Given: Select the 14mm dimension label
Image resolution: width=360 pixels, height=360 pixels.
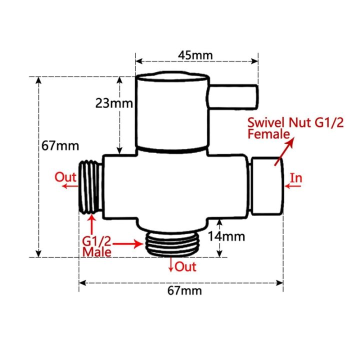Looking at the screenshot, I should click(238, 235).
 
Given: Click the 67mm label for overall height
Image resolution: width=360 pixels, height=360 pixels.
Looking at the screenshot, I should click(60, 146).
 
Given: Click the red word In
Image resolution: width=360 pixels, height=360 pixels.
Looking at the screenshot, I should click(296, 177).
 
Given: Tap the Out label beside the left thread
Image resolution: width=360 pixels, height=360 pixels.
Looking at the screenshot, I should click(65, 177).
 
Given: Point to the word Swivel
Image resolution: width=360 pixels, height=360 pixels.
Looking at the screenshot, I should click(268, 122).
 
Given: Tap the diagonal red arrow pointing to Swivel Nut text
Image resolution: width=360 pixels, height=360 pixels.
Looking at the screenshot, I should click(283, 150).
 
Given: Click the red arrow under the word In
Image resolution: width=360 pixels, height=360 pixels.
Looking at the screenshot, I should click(293, 187).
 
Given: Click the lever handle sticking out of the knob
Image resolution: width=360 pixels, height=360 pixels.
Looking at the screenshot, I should click(233, 96).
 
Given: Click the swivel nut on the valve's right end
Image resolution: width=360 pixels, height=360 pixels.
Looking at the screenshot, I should click(267, 186).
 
